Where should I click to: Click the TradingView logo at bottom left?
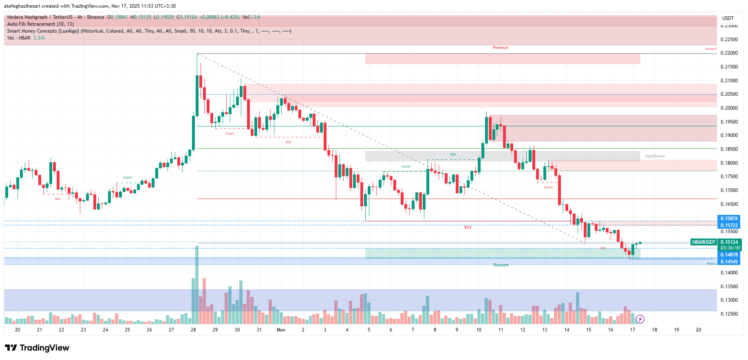pyautogui.click(x=37, y=348)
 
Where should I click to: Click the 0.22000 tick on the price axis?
pyautogui.click(x=729, y=53)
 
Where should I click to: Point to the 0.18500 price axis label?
pyautogui.click(x=729, y=149)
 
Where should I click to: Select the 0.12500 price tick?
pyautogui.click(x=729, y=314)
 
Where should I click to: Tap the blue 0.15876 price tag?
pyautogui.click(x=728, y=219)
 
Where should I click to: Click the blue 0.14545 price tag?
pyautogui.click(x=728, y=262)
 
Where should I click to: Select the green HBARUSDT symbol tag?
pyautogui.click(x=704, y=242)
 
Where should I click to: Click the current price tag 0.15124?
pyautogui.click(x=729, y=242)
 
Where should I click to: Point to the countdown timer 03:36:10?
pyautogui.click(x=730, y=248)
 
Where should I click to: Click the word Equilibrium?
pyautogui.click(x=655, y=156)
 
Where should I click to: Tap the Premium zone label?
pyautogui.click(x=501, y=48)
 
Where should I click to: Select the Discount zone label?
pyautogui.click(x=501, y=265)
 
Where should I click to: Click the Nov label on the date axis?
pyautogui.click(x=281, y=330)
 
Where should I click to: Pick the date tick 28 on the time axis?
pyautogui.click(x=193, y=330)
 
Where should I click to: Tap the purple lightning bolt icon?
pyautogui.click(x=640, y=319)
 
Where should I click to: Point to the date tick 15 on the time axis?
pyautogui.click(x=589, y=330)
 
